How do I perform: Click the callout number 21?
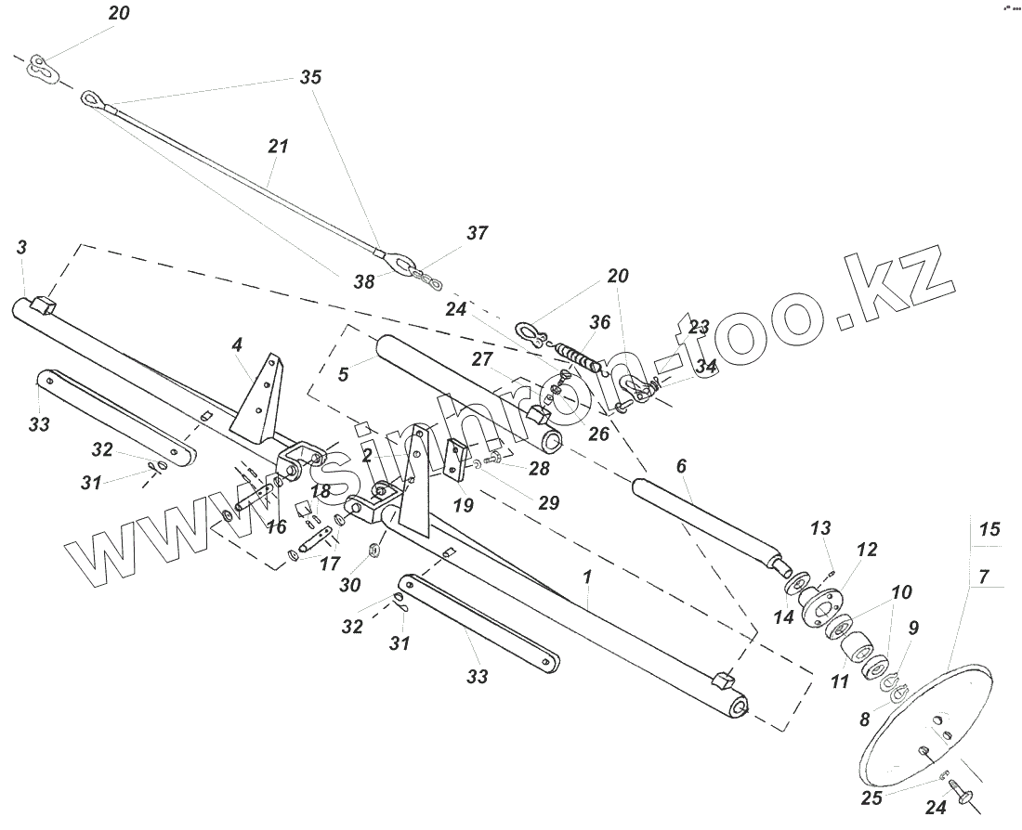(x=278, y=147)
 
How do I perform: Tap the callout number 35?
(x=310, y=78)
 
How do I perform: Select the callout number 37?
(x=477, y=233)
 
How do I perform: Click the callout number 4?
(x=237, y=344)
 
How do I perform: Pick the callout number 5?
(x=343, y=375)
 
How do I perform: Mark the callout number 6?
(x=681, y=465)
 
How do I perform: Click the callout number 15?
(x=989, y=529)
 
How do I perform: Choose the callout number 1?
(x=586, y=577)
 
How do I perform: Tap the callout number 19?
(x=463, y=505)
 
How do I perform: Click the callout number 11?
(x=839, y=681)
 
